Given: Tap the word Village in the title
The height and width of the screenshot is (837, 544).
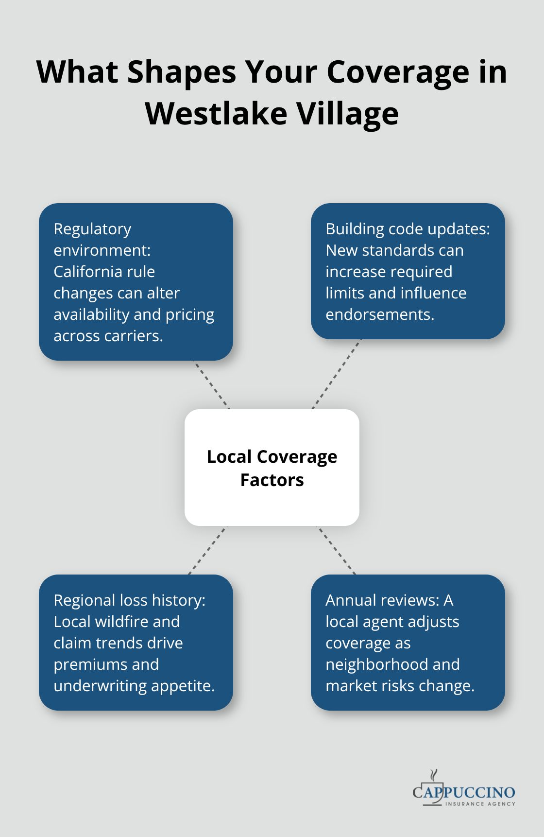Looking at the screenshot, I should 347,114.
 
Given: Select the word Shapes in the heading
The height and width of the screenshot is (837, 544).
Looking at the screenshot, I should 181,72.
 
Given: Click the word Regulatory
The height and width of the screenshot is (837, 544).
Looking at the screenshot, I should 92,229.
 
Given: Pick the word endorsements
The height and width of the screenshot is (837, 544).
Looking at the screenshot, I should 379,314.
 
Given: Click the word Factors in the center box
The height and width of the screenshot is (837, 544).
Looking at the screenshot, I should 272,480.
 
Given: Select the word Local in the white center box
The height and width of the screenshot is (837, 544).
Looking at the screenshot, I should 229,457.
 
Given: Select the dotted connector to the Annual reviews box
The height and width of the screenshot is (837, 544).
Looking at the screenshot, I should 336,550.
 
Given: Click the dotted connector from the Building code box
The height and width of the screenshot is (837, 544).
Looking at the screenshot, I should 336,374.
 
